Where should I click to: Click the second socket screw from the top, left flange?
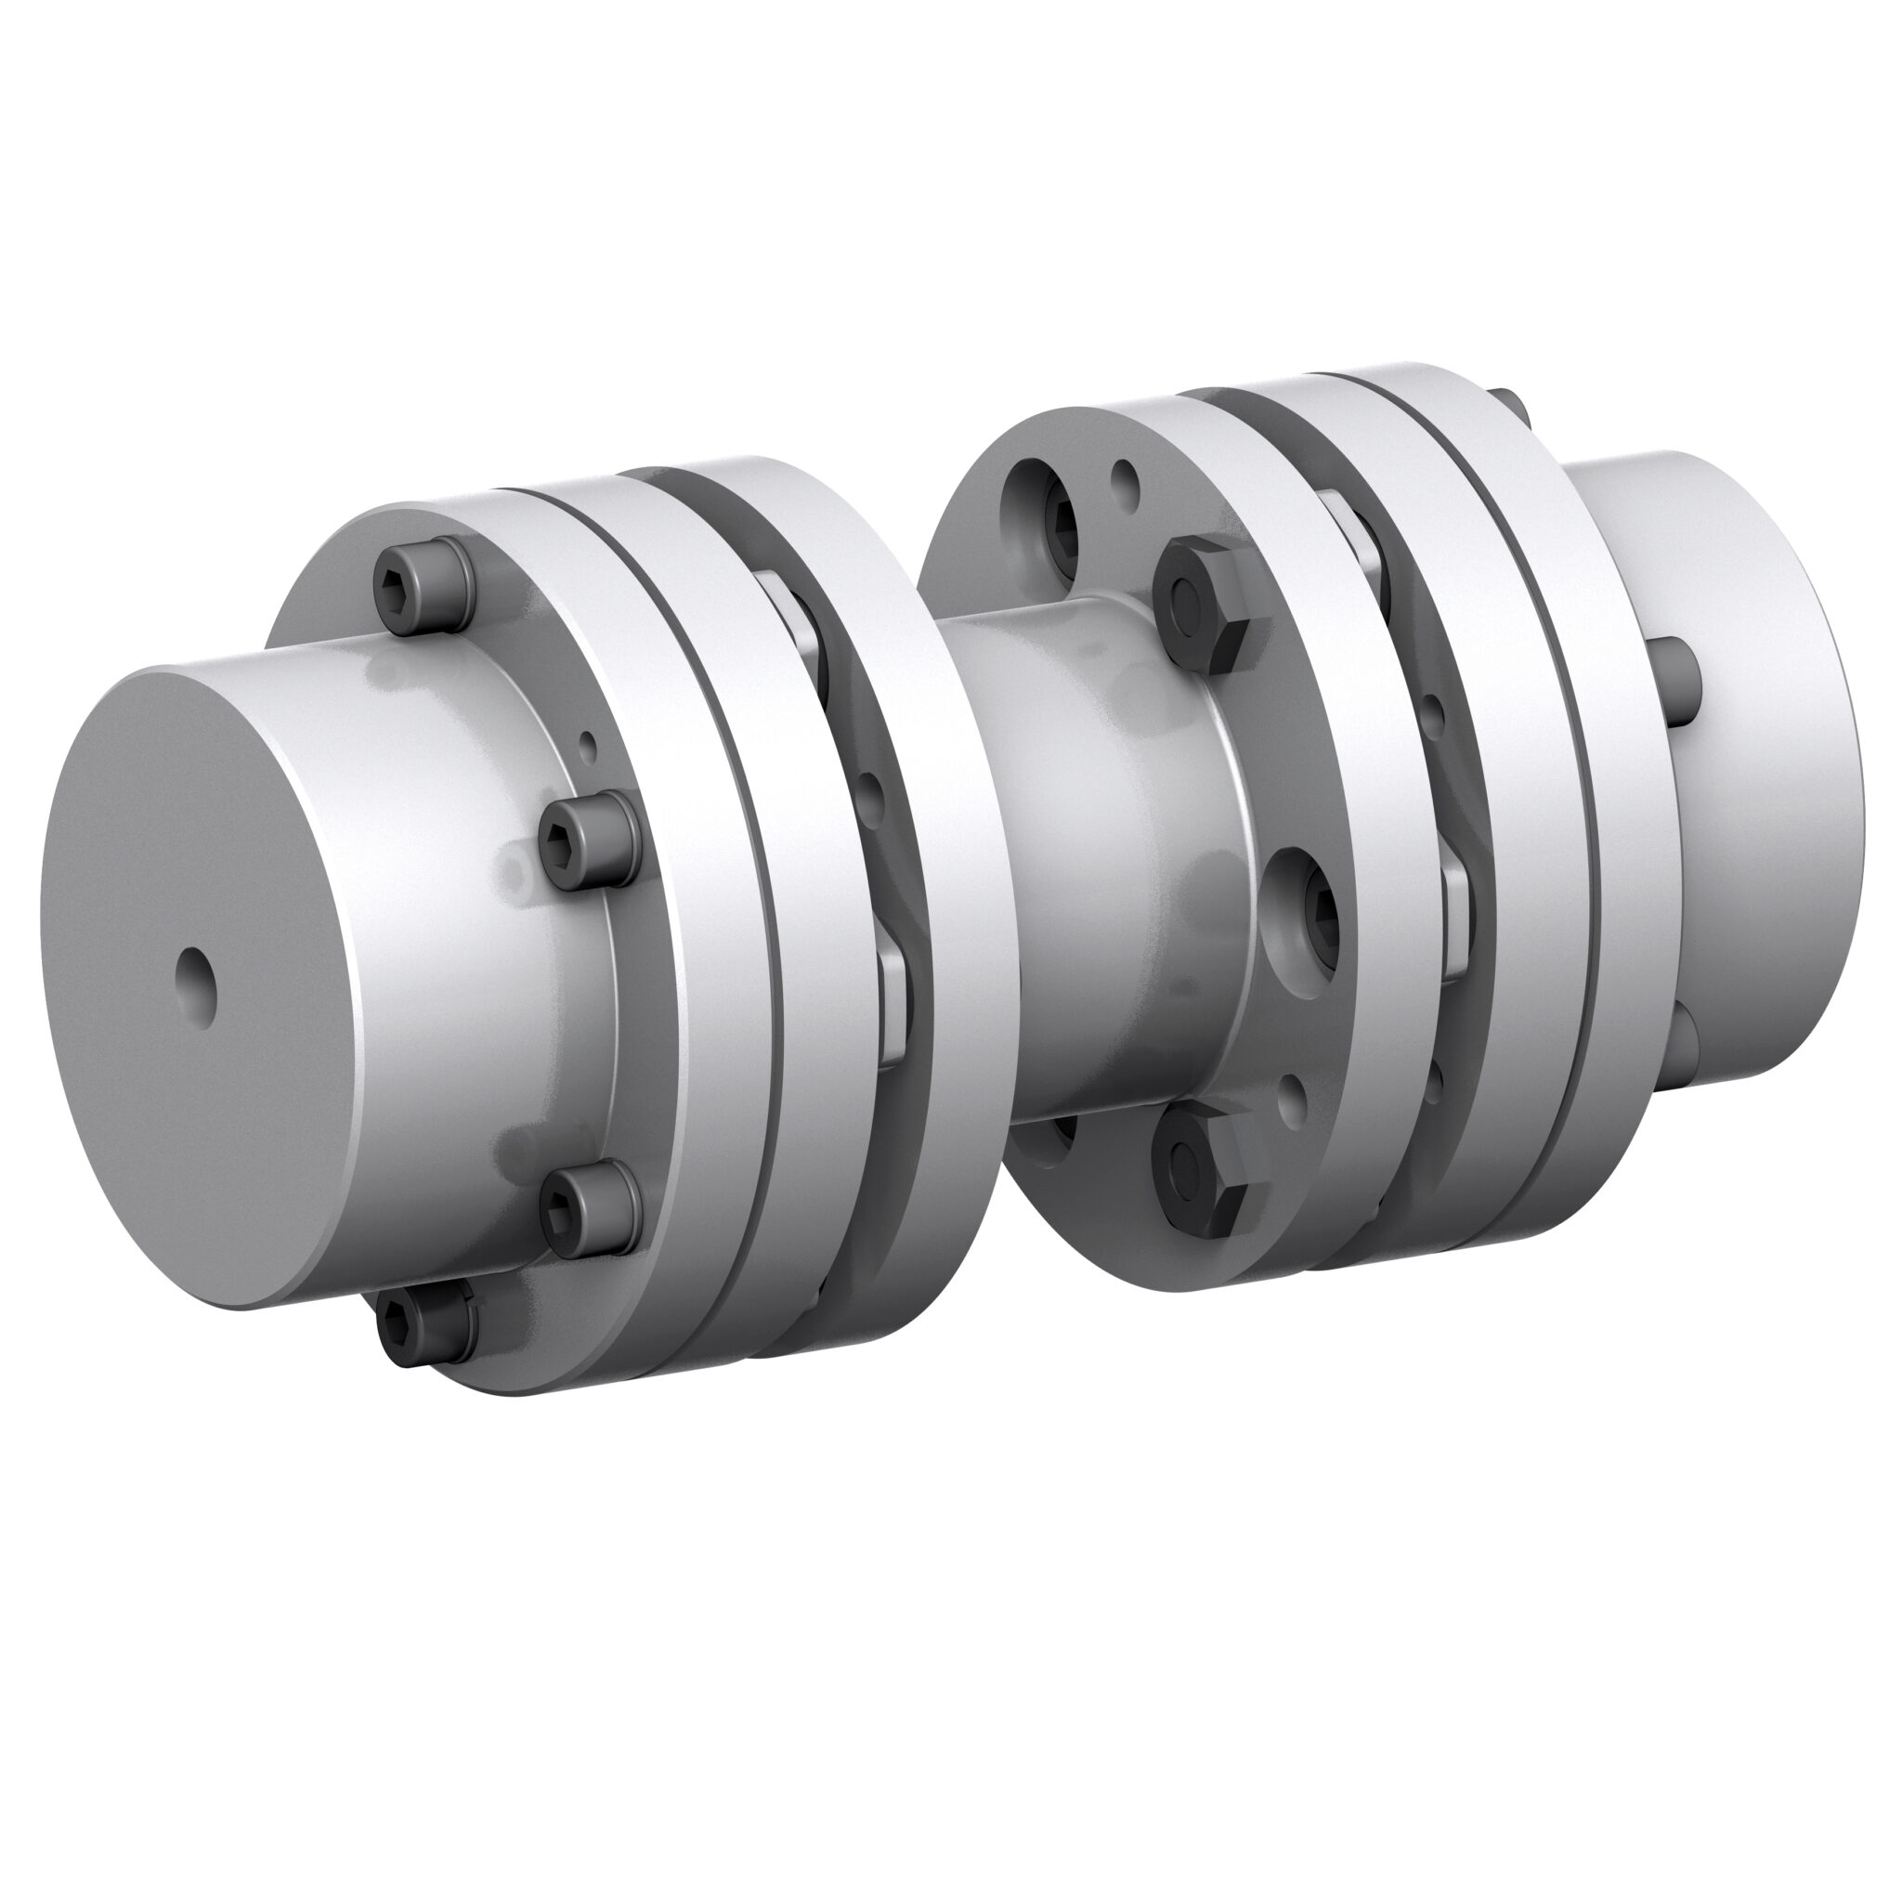point(587,837)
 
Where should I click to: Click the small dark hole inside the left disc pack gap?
point(870,788)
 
